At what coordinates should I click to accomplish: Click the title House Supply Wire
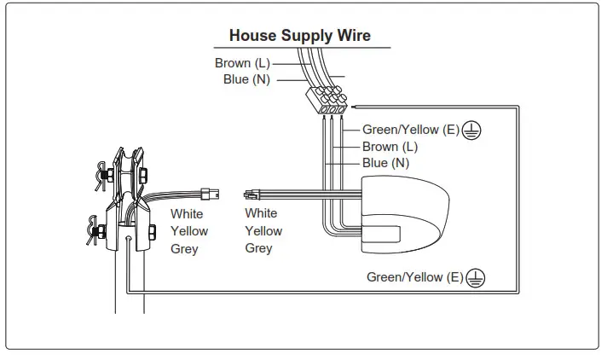click(x=299, y=36)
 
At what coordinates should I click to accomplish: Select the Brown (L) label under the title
click(x=244, y=63)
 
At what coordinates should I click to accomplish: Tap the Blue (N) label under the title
click(x=246, y=80)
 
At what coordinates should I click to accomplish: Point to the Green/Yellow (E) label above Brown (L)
click(x=410, y=131)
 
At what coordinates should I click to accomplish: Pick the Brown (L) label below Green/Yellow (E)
click(x=390, y=147)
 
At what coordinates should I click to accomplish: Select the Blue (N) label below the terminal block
click(x=385, y=163)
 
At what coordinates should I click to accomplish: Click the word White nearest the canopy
click(x=261, y=213)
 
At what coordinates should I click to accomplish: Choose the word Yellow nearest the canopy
click(x=263, y=231)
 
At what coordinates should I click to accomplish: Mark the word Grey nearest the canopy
click(x=258, y=248)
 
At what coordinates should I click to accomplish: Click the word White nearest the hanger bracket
click(x=187, y=214)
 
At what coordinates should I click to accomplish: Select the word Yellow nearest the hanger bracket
click(x=188, y=231)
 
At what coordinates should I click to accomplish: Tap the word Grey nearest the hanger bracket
click(x=184, y=249)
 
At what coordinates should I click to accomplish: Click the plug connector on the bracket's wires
click(x=207, y=193)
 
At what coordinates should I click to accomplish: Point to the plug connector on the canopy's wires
click(x=251, y=195)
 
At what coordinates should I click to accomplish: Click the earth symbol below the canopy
click(x=477, y=277)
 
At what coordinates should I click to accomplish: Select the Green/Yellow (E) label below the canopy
click(x=414, y=277)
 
